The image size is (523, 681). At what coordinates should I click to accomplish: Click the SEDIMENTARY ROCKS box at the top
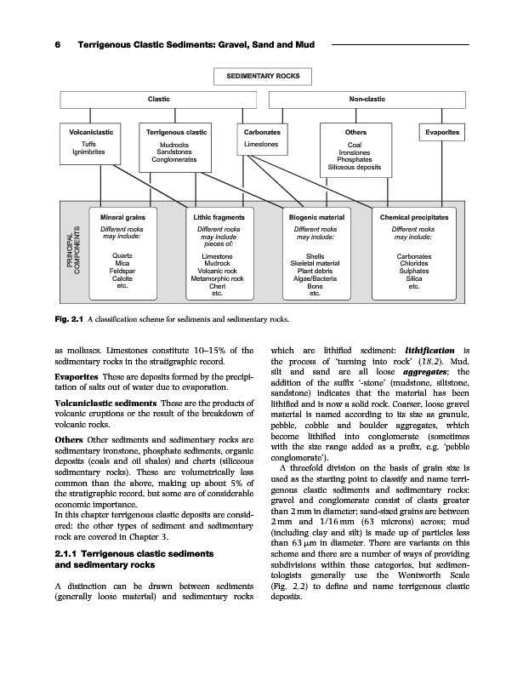[x=262, y=76]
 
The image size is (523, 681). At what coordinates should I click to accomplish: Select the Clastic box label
[x=159, y=100]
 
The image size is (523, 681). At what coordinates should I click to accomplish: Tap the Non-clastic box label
[x=367, y=100]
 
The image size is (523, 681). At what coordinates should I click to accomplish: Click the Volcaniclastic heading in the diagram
[x=89, y=134]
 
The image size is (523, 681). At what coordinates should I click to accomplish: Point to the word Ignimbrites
[x=89, y=152]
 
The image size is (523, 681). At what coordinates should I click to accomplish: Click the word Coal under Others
[x=355, y=146]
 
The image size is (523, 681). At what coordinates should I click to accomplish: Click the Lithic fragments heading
[x=218, y=219]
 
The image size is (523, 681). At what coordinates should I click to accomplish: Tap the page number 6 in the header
[x=56, y=43]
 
